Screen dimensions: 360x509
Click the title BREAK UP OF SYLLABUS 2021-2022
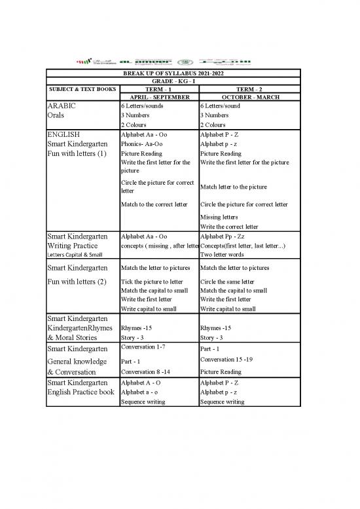pyautogui.click(x=173, y=73)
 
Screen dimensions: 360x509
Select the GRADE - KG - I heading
pyautogui.click(x=173, y=81)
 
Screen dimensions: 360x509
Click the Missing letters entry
pyautogui.click(x=219, y=216)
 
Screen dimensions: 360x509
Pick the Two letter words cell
pyautogui.click(x=223, y=254)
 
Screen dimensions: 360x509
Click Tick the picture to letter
pyautogui.click(x=153, y=282)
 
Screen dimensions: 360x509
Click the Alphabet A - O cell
pyautogui.click(x=143, y=382)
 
